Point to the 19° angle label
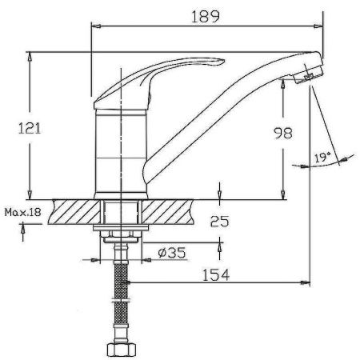click(x=322, y=158)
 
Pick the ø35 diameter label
click(x=172, y=252)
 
